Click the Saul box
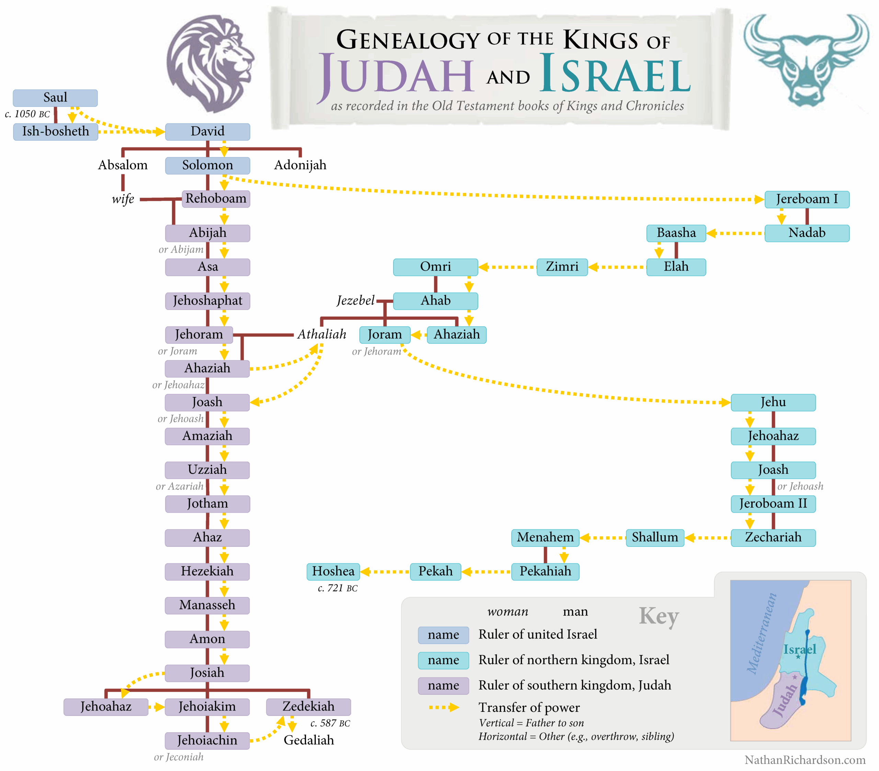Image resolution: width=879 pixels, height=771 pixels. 55,98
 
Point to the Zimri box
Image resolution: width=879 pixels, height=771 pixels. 561,267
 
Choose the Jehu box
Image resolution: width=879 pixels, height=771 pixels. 773,402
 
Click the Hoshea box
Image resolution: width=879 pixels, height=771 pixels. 333,571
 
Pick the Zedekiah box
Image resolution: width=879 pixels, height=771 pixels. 308,706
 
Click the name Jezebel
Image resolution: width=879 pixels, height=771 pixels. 355,300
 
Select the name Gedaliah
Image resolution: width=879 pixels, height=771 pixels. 309,740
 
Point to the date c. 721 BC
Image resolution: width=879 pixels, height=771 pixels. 338,588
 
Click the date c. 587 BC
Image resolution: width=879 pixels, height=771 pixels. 330,723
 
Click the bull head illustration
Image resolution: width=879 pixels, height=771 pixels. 806,60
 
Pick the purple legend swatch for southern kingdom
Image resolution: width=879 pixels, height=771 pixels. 443,685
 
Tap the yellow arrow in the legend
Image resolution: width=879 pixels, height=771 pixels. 444,707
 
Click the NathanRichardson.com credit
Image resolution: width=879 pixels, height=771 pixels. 804,760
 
